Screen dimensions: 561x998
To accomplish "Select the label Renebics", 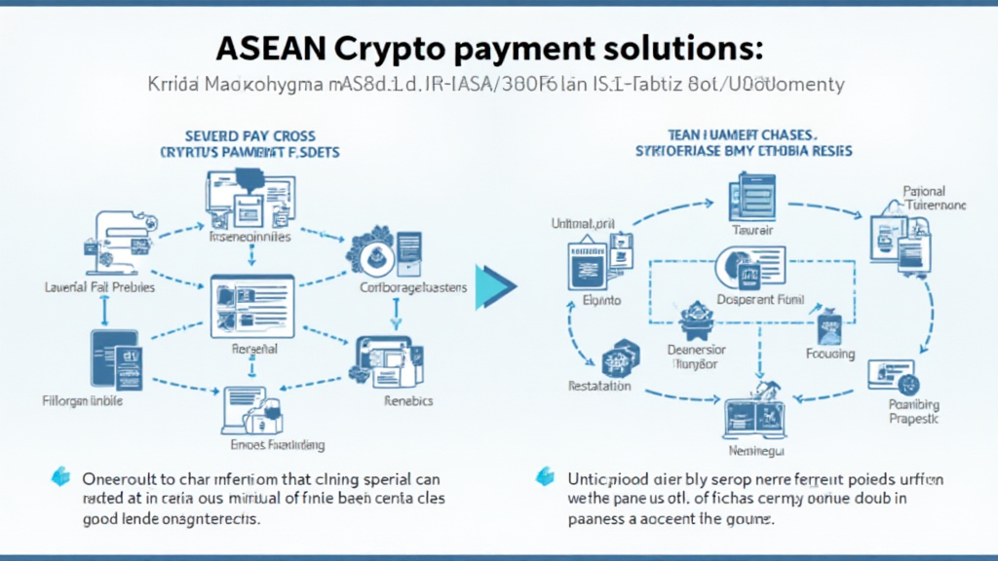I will (408, 400).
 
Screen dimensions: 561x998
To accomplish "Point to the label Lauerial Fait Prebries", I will (99, 288).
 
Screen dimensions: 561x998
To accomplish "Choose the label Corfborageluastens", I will (413, 288).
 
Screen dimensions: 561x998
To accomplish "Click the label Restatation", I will (598, 386).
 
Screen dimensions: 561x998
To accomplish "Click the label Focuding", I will (830, 355).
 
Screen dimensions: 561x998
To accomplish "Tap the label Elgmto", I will (601, 301).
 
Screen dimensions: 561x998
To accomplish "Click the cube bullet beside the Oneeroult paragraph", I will (60, 477).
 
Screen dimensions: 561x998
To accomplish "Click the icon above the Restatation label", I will (616, 357).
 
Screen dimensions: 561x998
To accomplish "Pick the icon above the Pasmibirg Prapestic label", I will (895, 372).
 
